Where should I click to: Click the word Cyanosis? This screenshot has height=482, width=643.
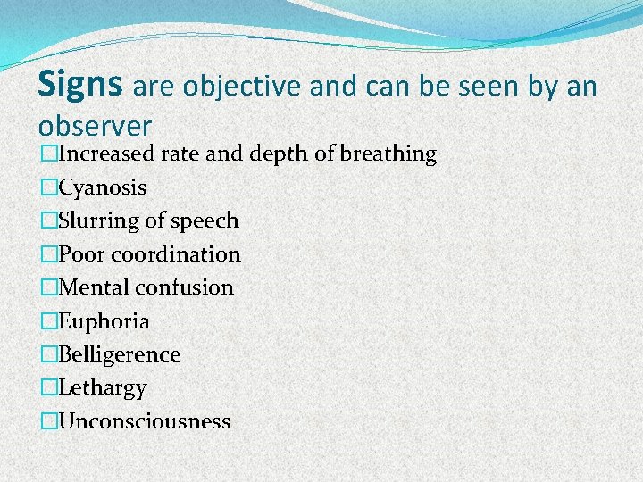(103, 187)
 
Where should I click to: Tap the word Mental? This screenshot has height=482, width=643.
(94, 287)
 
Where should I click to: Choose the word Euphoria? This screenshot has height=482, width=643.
(104, 321)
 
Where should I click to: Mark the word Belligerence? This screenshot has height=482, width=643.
(120, 354)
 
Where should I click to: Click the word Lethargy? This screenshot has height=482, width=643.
(103, 388)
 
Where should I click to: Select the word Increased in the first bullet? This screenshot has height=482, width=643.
(107, 154)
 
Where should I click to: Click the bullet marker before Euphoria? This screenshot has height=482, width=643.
(49, 321)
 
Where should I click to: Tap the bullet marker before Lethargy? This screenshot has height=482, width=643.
(49, 388)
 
